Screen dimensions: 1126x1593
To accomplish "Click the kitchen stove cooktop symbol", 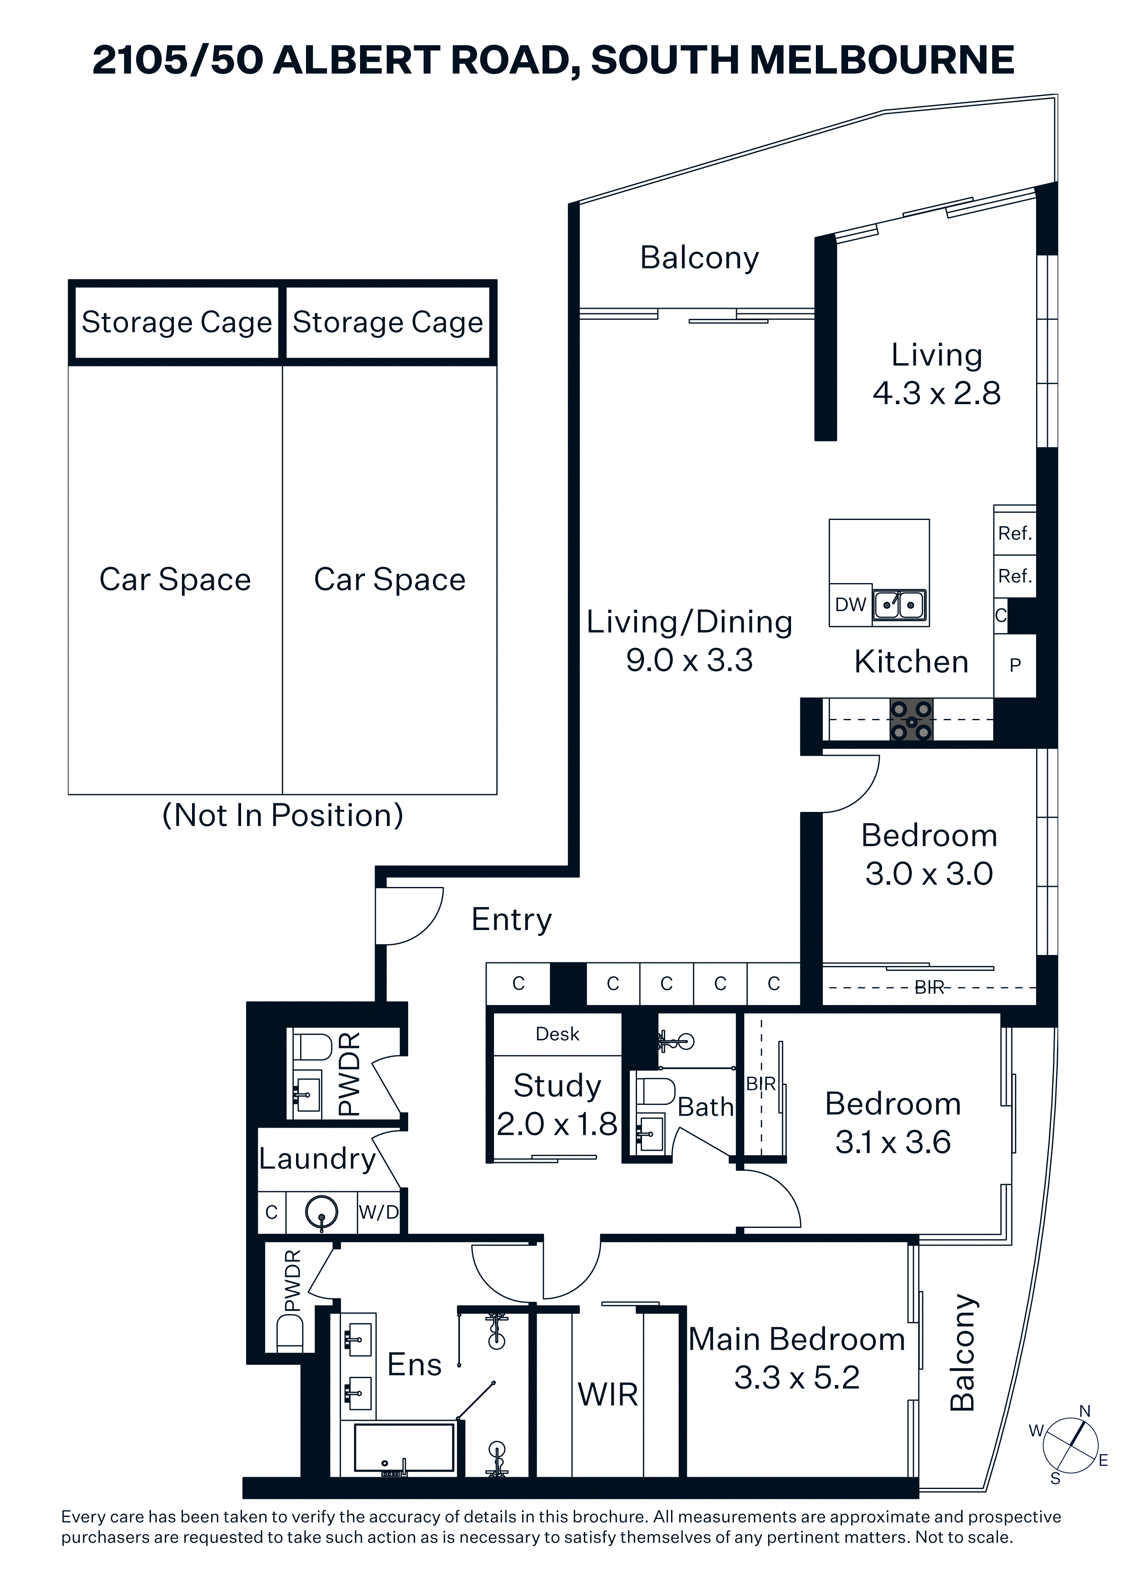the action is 912,719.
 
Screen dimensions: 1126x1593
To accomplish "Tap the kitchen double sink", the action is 900,605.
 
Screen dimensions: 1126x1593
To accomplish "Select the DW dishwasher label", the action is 850,605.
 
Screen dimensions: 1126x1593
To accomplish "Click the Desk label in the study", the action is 557,1034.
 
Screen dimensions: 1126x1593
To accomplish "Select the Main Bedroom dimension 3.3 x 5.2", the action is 797,1377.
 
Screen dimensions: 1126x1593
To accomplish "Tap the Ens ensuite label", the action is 414,1365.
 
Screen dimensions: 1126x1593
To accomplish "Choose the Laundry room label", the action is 317,1159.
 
